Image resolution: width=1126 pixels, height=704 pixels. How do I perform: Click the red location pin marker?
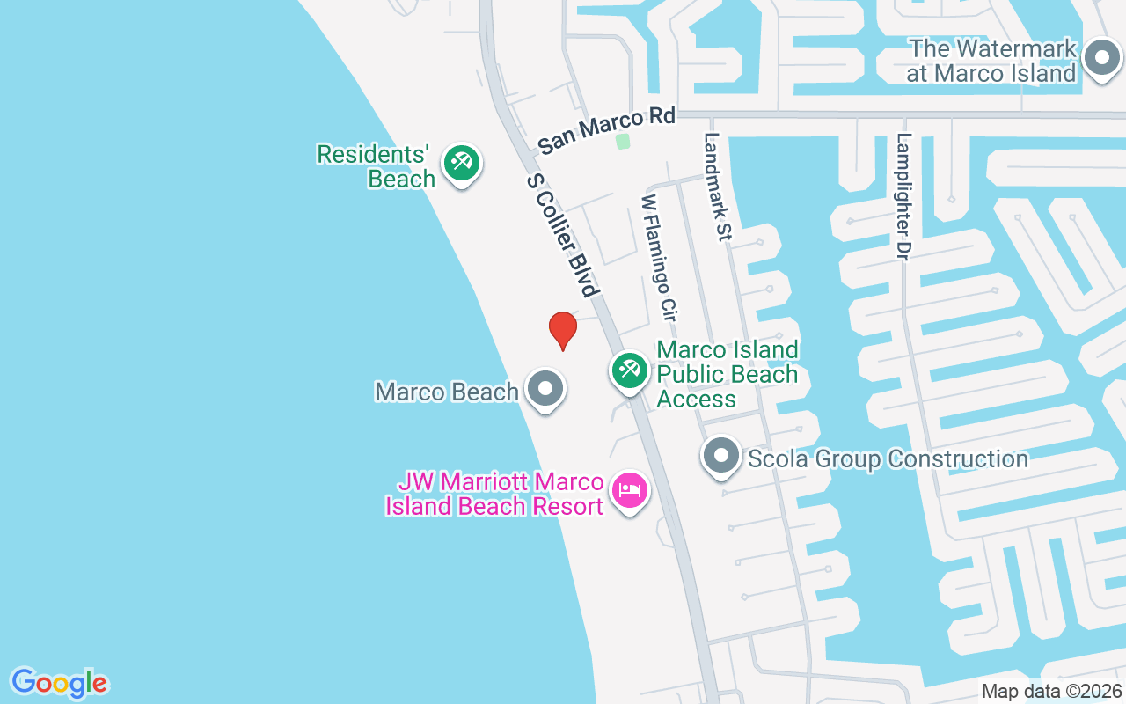coord(563,330)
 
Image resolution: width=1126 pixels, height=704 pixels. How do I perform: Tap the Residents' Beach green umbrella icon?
coord(461,163)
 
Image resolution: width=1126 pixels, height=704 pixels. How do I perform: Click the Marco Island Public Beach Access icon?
coord(629,370)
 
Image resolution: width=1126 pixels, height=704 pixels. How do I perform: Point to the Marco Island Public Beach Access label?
coord(728,374)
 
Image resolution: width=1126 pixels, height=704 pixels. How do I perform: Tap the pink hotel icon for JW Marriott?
coord(629,490)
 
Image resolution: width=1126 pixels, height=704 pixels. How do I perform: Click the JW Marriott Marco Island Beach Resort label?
coord(495,494)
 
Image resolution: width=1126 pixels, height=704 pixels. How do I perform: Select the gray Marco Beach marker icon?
coord(545,388)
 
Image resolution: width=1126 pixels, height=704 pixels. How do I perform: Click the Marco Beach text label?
coord(446,392)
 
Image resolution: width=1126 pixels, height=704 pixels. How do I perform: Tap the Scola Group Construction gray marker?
coord(721,457)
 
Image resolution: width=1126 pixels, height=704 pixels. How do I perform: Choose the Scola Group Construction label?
coord(888,458)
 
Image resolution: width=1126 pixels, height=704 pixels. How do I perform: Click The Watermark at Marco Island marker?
coord(1100,59)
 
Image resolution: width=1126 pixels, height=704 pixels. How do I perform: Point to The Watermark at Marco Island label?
coord(992,61)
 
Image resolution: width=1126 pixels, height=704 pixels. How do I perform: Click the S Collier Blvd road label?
coord(563,234)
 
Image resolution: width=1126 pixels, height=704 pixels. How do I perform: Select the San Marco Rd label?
coord(607,130)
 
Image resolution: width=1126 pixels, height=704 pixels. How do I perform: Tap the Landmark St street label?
coord(718,187)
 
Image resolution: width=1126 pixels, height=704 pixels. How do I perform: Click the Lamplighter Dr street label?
coord(903,195)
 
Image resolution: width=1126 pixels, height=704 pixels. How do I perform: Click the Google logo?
coord(60,682)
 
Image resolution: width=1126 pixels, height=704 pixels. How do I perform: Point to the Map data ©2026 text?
coord(1051,691)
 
